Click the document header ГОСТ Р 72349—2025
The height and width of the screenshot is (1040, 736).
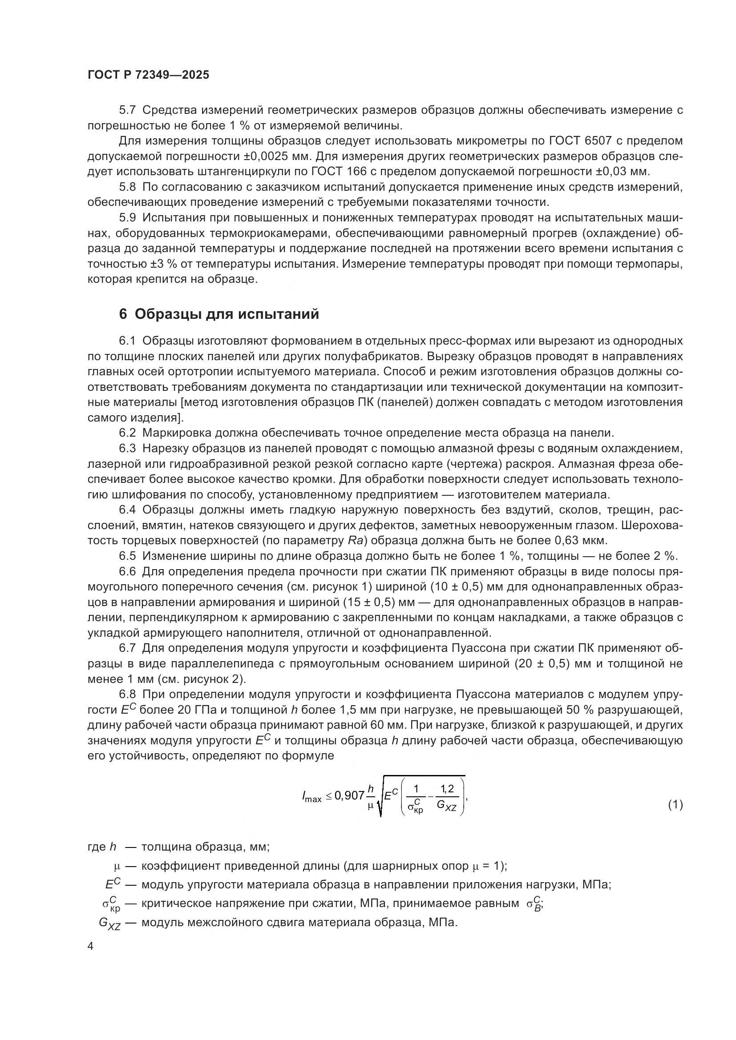pos(148,75)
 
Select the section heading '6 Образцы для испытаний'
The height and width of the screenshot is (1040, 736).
pos(219,314)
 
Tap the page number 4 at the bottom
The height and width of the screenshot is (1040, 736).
pos(91,946)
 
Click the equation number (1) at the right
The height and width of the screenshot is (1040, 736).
pos(675,804)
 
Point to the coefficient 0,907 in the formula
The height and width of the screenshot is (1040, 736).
pos(349,795)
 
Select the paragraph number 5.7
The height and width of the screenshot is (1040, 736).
pos(127,110)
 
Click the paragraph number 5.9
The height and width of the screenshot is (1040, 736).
pos(127,218)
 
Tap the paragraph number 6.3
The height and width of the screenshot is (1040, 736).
pos(127,449)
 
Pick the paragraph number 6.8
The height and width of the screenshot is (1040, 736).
pos(127,695)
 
